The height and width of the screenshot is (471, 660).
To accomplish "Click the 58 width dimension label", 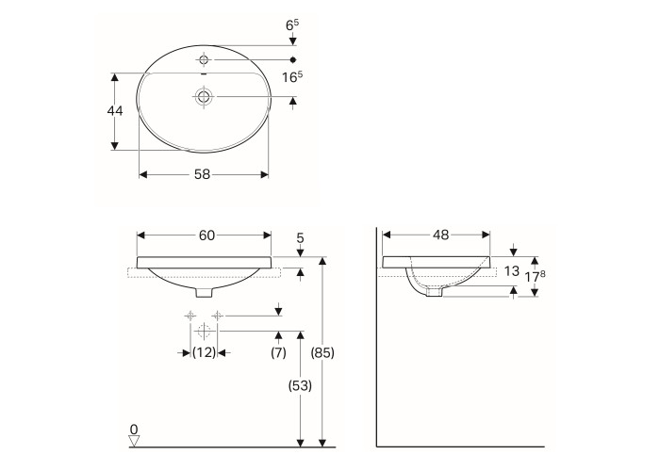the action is pos(202,174).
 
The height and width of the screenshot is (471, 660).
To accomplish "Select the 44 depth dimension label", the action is pos(115,111).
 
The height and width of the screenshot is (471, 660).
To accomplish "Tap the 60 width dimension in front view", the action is pos(206,235).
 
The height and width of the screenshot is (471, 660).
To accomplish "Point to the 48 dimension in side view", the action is pos(440,235).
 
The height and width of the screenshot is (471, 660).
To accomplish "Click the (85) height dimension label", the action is pos(322,353).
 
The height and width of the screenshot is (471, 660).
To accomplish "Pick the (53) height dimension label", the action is pos(300,385).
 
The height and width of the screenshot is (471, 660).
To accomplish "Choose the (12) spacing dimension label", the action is pos(205,352).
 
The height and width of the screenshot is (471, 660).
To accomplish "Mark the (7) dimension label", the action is pos(278,352).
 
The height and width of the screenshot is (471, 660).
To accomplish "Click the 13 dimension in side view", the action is pos(511,271).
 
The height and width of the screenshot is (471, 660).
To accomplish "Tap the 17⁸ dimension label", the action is pos(535,276).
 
